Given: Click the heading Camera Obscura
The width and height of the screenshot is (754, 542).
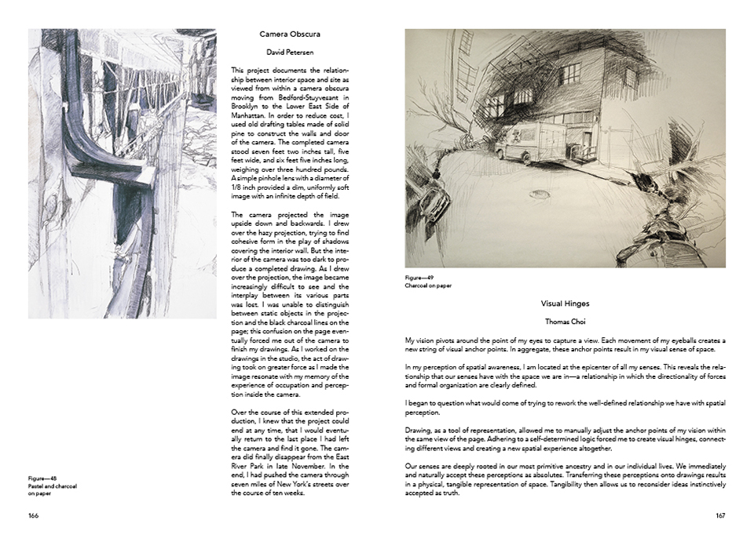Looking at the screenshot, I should click(x=290, y=35).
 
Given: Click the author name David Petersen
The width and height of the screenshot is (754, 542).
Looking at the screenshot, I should click(x=290, y=53).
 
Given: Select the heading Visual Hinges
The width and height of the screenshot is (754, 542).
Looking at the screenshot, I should click(x=565, y=303).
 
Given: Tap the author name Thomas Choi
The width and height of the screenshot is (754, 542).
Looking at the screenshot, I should click(x=565, y=322).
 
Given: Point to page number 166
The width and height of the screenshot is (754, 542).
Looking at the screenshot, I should click(x=34, y=515).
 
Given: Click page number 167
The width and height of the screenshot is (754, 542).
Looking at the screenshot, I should click(x=719, y=515).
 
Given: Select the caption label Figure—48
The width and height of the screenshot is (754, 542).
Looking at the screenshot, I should click(x=42, y=477).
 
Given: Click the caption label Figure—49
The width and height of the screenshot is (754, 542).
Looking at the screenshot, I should click(x=419, y=278).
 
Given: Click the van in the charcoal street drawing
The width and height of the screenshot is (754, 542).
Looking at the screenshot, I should click(x=536, y=142).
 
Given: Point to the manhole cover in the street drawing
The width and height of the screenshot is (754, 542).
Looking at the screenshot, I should click(x=539, y=194).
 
